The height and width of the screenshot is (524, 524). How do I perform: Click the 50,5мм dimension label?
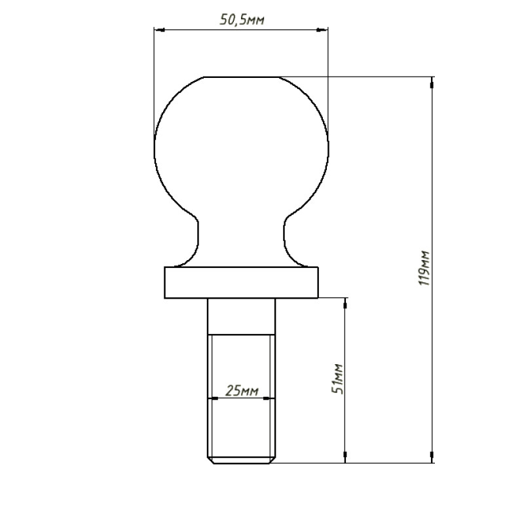click(242, 20)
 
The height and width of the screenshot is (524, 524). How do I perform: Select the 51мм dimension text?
click(338, 379)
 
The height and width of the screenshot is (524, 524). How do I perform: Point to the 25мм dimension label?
click(242, 390)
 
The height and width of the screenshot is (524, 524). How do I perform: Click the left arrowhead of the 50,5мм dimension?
click(159, 30)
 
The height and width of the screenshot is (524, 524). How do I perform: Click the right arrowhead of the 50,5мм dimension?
click(322, 30)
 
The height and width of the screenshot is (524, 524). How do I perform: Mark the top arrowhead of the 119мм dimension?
click(432, 83)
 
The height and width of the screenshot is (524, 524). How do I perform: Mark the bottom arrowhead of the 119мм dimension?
click(432, 457)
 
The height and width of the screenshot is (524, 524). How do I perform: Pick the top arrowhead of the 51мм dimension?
click(345, 303)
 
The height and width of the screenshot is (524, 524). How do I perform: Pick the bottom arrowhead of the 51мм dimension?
click(345, 457)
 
